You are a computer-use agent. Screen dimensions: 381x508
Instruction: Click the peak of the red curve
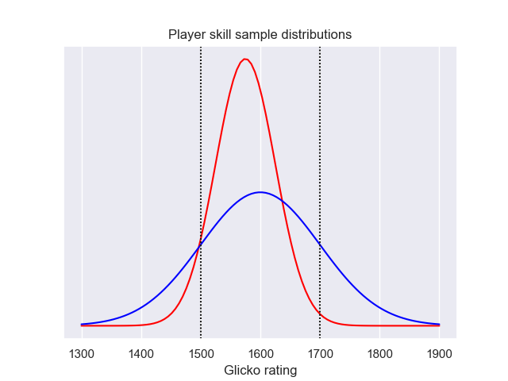(246, 59)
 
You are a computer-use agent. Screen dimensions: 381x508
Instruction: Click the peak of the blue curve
(260, 192)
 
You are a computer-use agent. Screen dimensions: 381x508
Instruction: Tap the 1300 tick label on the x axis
(82, 353)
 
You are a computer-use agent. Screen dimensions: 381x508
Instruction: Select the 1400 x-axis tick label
(141, 353)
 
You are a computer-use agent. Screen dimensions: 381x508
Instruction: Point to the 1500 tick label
(201, 353)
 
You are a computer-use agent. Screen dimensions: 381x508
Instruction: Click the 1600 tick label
(260, 353)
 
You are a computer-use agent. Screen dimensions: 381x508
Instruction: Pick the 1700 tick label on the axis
(320, 353)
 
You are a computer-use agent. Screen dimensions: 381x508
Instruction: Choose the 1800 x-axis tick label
(379, 353)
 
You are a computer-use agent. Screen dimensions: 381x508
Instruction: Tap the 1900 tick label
(439, 353)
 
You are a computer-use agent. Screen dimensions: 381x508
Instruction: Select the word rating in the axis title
(280, 371)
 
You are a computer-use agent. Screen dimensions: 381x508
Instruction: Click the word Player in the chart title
(186, 35)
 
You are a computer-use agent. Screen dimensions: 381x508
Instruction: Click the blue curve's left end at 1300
(82, 324)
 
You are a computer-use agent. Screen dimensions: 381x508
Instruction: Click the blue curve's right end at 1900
(439, 324)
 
